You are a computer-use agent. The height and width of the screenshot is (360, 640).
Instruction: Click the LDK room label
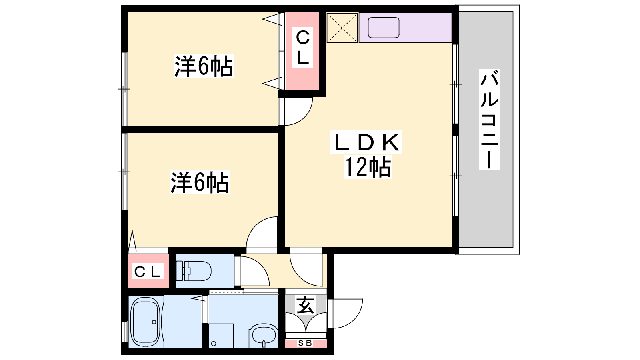click(x=366, y=142)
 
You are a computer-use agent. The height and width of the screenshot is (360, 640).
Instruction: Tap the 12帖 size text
click(x=368, y=167)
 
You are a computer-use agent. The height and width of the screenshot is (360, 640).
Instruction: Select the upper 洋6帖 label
click(x=204, y=66)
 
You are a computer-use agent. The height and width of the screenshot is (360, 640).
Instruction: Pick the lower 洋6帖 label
click(x=200, y=182)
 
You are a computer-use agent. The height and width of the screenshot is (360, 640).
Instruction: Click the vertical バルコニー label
click(x=489, y=120)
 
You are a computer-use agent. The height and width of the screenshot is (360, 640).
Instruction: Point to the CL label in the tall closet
click(x=302, y=48)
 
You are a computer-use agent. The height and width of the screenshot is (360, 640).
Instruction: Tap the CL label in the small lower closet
click(x=148, y=272)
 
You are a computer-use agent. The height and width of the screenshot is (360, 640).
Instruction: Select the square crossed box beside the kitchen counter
click(x=342, y=28)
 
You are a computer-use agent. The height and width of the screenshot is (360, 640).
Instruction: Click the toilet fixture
click(x=194, y=270)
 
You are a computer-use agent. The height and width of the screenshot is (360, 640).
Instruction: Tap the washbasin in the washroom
click(x=264, y=336)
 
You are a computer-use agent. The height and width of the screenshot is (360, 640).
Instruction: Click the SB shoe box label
click(x=305, y=343)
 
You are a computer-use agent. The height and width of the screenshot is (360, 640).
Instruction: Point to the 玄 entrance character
click(x=305, y=306)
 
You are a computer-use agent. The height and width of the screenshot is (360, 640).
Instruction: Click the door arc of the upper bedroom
click(x=304, y=118)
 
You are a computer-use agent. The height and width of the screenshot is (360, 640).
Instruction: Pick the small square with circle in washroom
click(x=221, y=336)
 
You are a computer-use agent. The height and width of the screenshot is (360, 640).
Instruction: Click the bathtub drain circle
click(x=154, y=322)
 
